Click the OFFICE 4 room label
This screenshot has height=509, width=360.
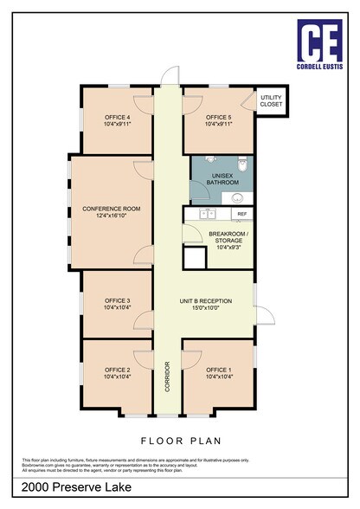point(117,117)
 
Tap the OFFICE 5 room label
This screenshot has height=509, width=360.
point(219,117)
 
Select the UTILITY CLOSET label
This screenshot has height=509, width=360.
point(272,101)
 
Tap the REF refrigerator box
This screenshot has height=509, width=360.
point(242,213)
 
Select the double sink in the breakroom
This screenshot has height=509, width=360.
point(207,213)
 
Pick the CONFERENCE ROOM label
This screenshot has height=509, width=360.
point(111,209)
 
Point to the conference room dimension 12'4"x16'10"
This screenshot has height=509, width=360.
point(111,216)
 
